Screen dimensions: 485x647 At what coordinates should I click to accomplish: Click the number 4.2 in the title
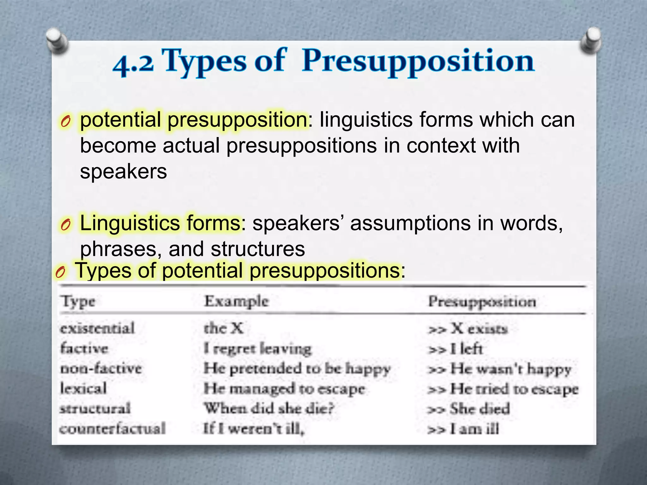click(x=133, y=63)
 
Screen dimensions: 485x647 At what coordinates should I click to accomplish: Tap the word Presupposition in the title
click(x=418, y=62)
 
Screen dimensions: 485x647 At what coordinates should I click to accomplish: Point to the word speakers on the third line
click(x=124, y=172)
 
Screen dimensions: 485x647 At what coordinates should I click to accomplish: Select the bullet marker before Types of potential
click(x=60, y=272)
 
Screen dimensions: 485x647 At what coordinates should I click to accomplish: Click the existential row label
click(x=97, y=328)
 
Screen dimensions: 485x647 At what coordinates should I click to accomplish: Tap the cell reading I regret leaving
click(x=257, y=349)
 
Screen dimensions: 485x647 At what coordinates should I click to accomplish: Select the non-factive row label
click(x=101, y=368)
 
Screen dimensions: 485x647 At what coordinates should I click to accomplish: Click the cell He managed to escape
click(x=284, y=389)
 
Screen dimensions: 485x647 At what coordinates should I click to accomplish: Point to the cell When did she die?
click(x=269, y=409)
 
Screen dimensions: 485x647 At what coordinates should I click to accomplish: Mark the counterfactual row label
click(x=112, y=428)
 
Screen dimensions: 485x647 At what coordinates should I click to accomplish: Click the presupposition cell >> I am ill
click(x=463, y=429)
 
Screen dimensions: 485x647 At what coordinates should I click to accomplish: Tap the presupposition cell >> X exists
click(x=468, y=329)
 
